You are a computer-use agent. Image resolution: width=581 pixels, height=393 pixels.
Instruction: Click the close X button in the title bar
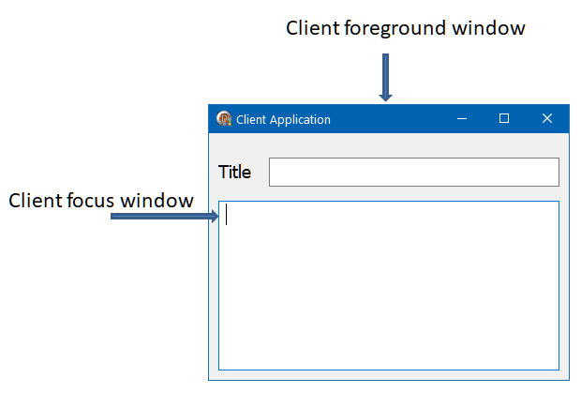[x=547, y=118]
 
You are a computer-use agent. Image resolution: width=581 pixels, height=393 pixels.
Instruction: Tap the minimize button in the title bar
[x=461, y=118]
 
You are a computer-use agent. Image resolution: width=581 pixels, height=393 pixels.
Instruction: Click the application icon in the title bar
[x=224, y=119]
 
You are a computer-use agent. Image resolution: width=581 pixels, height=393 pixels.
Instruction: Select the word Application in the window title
[x=300, y=120]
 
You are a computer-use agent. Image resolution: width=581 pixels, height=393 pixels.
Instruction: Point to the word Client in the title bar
[x=251, y=120]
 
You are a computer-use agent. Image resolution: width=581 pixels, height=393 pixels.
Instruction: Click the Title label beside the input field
[x=234, y=173]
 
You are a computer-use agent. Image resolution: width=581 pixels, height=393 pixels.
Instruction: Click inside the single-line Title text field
[x=413, y=173]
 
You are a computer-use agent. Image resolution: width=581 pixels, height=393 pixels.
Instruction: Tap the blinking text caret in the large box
[x=227, y=215]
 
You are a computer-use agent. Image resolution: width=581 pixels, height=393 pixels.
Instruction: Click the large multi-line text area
[x=389, y=291]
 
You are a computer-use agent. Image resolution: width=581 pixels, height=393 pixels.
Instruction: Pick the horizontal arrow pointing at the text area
[x=165, y=217]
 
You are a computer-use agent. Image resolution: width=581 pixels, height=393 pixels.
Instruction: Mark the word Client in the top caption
[x=314, y=29]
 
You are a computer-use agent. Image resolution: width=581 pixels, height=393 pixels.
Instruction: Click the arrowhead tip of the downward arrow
[x=385, y=99]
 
